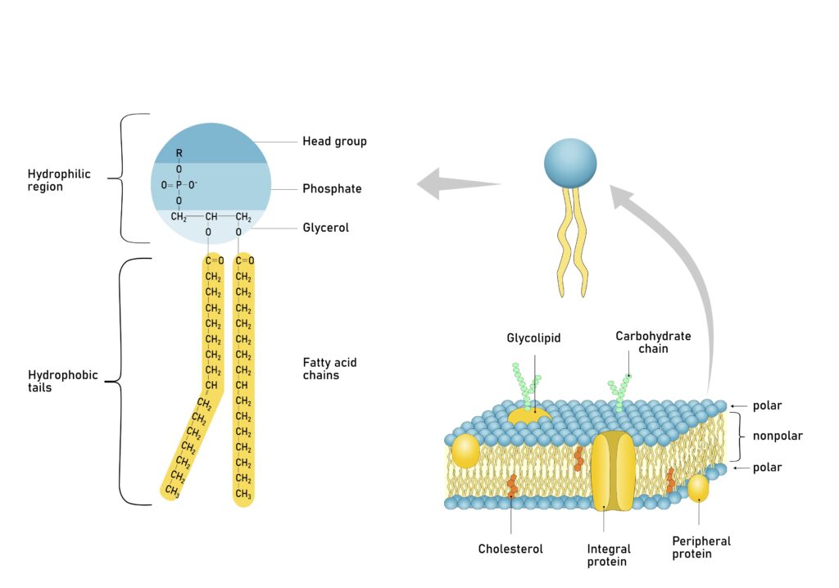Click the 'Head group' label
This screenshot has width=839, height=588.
click(334, 141)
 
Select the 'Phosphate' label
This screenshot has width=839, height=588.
click(332, 189)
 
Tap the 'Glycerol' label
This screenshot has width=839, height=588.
click(325, 228)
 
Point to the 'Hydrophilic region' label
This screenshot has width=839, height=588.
click(59, 180)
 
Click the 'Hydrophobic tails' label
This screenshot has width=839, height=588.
click(62, 381)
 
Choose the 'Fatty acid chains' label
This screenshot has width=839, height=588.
click(329, 369)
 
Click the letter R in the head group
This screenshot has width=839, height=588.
click(179, 153)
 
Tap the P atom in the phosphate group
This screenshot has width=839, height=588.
click(179, 184)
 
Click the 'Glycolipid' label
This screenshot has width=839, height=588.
click(533, 338)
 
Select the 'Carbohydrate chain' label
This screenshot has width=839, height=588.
click(653, 342)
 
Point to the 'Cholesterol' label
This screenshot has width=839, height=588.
click(510, 549)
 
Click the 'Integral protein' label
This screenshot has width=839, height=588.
click(609, 554)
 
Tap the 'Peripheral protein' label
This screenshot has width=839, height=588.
click(701, 547)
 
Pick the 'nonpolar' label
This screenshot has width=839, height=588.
click(778, 436)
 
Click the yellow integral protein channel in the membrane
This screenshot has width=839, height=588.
click(613, 471)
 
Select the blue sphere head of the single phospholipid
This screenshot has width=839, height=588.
click(570, 164)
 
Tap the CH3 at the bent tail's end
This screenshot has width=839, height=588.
click(172, 491)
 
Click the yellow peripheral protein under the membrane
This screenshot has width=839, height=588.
click(698, 488)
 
